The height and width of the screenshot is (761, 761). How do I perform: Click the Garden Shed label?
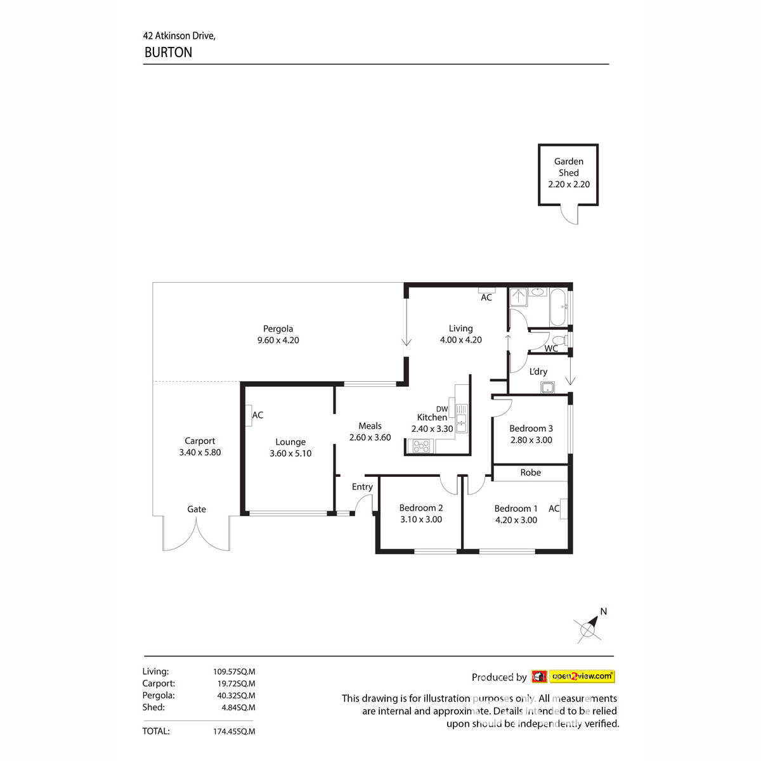(x=568, y=167)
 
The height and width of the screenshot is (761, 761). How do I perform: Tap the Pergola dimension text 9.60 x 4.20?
(x=278, y=340)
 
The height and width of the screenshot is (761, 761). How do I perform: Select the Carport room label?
(x=200, y=441)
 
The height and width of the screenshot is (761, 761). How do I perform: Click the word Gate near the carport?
(x=197, y=509)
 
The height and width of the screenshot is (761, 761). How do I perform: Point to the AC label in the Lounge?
(x=257, y=415)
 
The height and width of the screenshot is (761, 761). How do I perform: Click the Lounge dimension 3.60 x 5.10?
(x=290, y=453)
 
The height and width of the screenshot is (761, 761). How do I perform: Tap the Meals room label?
(x=370, y=426)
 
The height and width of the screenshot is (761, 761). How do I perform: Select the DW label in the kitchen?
(x=442, y=409)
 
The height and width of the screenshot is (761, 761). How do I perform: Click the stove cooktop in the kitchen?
(x=421, y=446)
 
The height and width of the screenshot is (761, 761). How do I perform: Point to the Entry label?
(x=362, y=487)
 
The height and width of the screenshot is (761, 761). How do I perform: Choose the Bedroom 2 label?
(x=421, y=508)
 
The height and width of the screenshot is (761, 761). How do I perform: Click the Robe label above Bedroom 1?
(x=530, y=472)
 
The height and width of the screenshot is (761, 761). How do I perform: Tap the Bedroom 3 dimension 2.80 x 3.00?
(x=531, y=440)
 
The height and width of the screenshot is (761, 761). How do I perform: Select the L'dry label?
(x=538, y=372)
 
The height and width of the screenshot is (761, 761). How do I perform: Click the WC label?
(x=551, y=348)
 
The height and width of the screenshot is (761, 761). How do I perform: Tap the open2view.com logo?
(x=582, y=677)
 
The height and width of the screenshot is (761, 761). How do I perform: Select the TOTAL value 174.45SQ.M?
(x=234, y=731)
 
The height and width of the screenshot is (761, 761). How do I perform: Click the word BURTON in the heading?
(x=168, y=53)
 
